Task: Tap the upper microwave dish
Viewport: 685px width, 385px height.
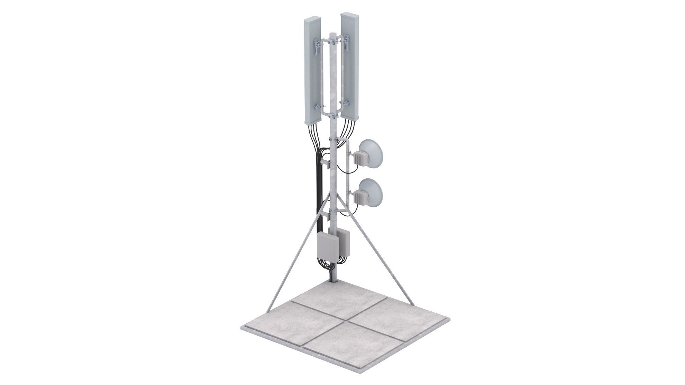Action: click(x=371, y=154)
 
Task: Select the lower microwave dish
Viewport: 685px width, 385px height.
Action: click(x=371, y=194)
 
